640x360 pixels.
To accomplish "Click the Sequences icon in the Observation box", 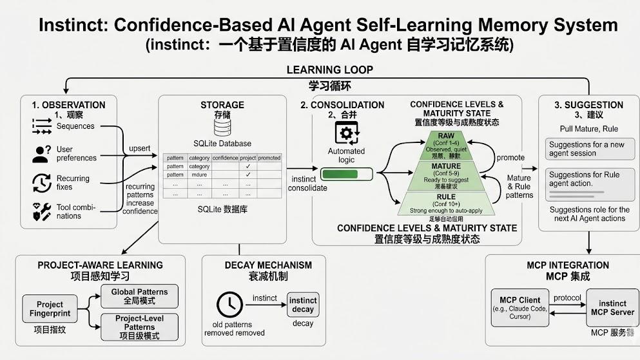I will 42,126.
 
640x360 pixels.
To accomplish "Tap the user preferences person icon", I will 42,154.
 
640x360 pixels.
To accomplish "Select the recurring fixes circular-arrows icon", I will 42,183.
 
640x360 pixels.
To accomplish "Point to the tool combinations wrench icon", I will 42,211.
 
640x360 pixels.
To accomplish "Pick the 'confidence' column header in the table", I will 225,158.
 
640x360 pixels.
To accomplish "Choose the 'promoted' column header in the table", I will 269,158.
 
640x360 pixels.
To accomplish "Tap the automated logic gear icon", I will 347,133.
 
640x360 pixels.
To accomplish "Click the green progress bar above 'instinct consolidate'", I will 347,174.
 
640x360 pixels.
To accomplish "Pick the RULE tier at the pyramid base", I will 446,202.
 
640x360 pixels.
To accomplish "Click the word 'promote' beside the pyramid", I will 510,158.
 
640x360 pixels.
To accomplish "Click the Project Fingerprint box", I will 50,308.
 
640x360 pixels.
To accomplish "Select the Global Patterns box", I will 139,296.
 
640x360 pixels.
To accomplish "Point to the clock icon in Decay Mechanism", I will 229,304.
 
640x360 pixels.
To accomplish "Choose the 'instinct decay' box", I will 303,305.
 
